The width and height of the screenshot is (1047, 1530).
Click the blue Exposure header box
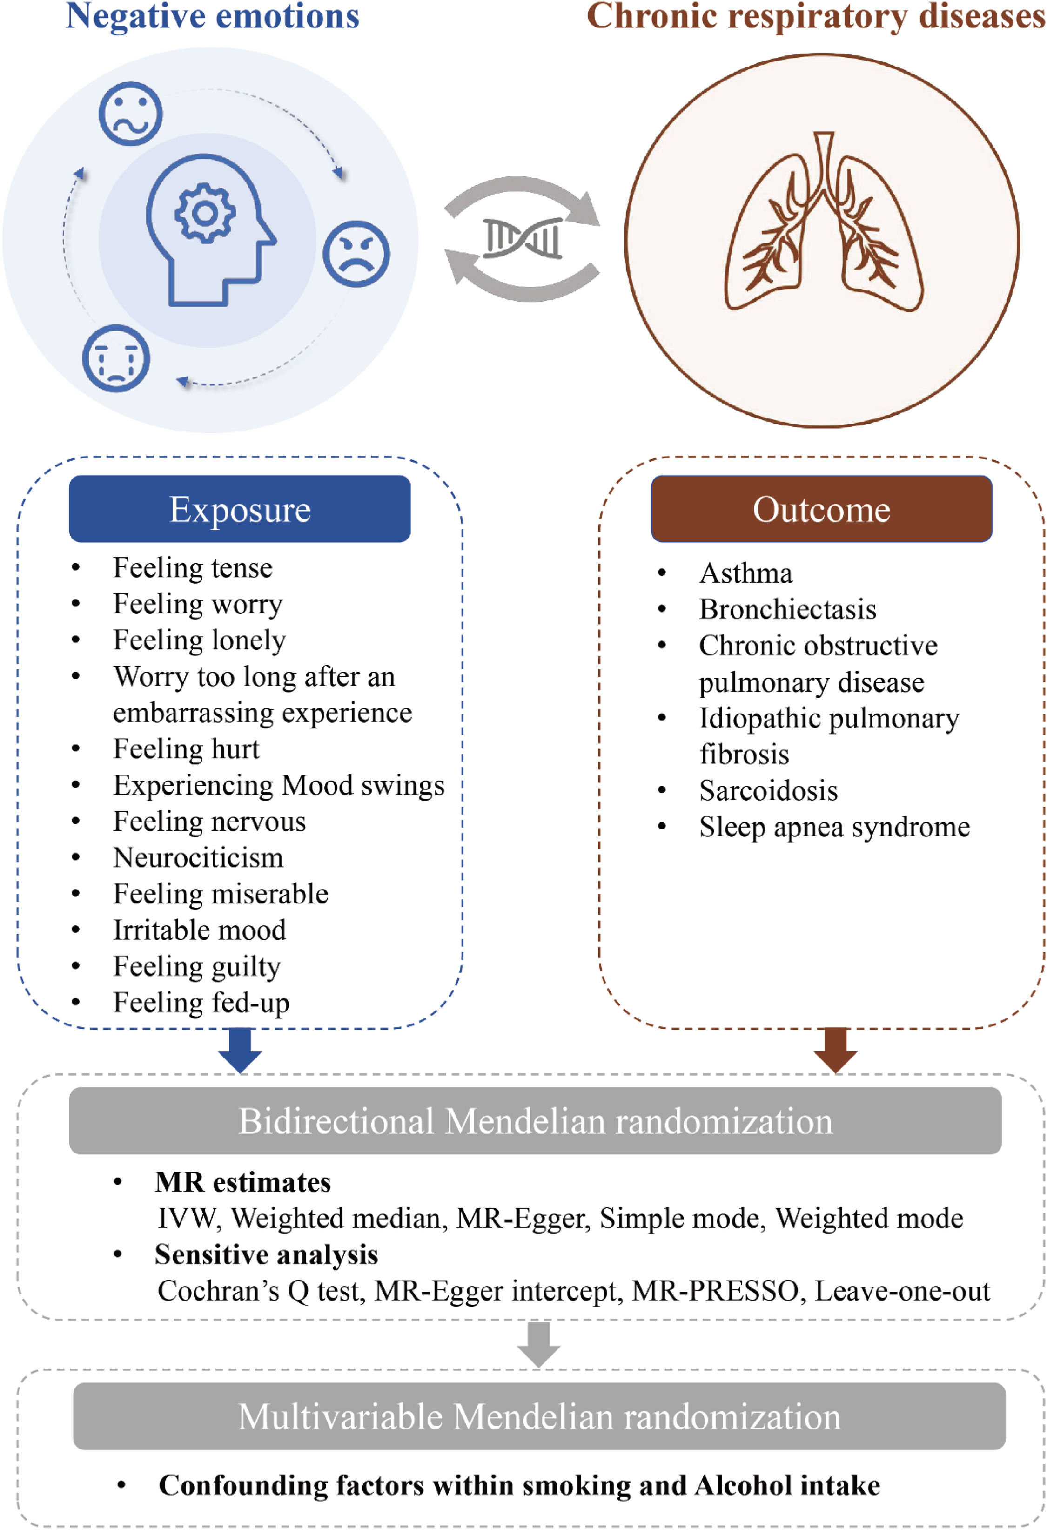point(240,509)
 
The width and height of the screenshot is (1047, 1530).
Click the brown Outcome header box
point(821,509)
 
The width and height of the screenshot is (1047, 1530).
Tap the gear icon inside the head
point(205,213)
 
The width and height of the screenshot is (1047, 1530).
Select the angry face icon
point(356,254)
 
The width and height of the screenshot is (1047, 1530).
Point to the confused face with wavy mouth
point(130,113)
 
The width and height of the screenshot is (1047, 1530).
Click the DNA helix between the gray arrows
point(523,238)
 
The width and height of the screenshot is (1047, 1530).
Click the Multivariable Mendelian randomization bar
point(539,1416)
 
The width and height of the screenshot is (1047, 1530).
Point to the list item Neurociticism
point(198,858)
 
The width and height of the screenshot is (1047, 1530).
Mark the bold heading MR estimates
point(243,1182)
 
